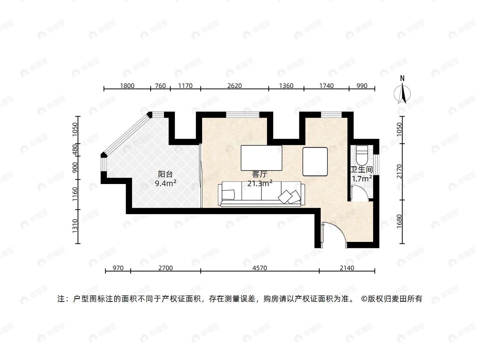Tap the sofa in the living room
(261, 194)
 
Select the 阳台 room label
(165, 174)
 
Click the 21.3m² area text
(260, 183)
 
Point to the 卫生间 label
(362, 170)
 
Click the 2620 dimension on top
(234, 85)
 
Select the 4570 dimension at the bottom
(260, 268)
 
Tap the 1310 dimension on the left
(75, 226)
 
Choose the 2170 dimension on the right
(399, 172)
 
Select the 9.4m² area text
(166, 183)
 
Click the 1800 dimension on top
(127, 85)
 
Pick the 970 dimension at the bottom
(118, 268)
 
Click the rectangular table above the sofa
(261, 158)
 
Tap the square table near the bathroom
(315, 162)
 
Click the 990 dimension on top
(362, 85)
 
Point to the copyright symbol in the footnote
(364, 299)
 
